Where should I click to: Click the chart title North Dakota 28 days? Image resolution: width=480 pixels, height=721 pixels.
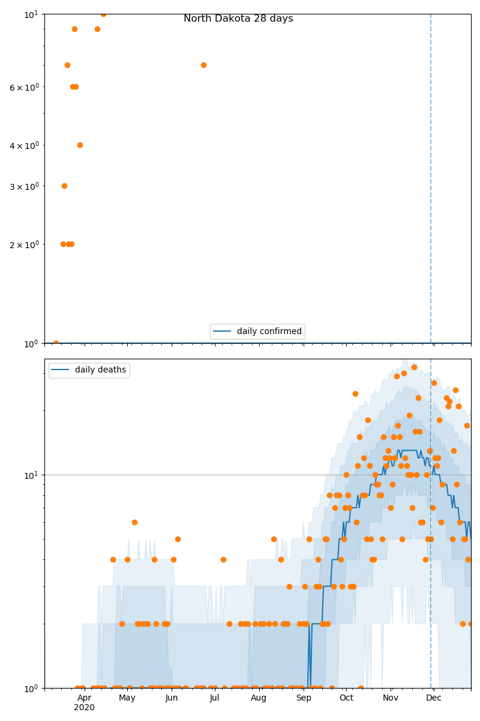238,19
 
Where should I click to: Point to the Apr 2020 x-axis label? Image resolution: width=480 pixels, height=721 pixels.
84,702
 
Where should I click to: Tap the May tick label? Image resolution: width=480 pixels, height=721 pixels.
127,698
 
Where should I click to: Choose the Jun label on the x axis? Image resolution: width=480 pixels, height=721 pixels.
172,698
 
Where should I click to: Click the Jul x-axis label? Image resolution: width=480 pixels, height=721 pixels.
214,698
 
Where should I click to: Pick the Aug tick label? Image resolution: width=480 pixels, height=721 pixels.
259,698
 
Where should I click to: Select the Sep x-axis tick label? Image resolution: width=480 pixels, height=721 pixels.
304,698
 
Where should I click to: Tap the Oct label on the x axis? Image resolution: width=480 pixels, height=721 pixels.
346,698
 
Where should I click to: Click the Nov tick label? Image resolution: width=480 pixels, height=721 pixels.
391,698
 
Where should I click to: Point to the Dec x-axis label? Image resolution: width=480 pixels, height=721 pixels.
433,698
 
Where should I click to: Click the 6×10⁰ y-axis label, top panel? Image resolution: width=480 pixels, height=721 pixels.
24,87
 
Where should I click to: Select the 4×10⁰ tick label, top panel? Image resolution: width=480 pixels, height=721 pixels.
24,145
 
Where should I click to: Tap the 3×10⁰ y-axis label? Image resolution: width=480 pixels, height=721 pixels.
24,186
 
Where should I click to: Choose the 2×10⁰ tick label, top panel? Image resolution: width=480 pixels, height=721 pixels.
24,245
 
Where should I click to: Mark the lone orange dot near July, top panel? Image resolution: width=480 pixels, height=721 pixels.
203,65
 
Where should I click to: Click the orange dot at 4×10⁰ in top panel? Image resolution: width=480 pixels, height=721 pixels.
80,145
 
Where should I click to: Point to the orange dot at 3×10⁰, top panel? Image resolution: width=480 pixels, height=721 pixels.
64,186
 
